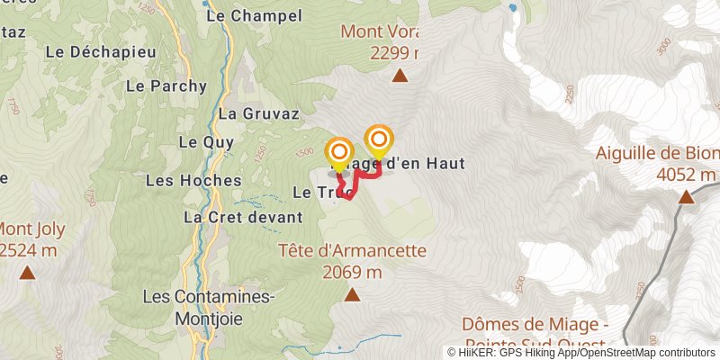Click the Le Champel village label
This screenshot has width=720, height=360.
click(240, 15)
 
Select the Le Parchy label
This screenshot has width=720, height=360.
click(166, 86)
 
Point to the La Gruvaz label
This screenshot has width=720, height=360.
click(252, 113)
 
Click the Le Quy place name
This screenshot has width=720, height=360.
click(206, 142)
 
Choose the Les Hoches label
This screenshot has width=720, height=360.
click(193, 180)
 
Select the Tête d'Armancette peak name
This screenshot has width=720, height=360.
click(352, 251)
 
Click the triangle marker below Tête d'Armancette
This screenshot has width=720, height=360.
click(353, 294)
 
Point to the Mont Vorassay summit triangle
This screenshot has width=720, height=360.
click(400, 76)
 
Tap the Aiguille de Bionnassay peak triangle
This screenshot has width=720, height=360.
click(686, 196)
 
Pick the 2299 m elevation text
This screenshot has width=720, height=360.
click(396, 53)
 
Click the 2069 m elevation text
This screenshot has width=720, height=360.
click(352, 272)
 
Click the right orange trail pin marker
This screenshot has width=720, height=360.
click(379, 140)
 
